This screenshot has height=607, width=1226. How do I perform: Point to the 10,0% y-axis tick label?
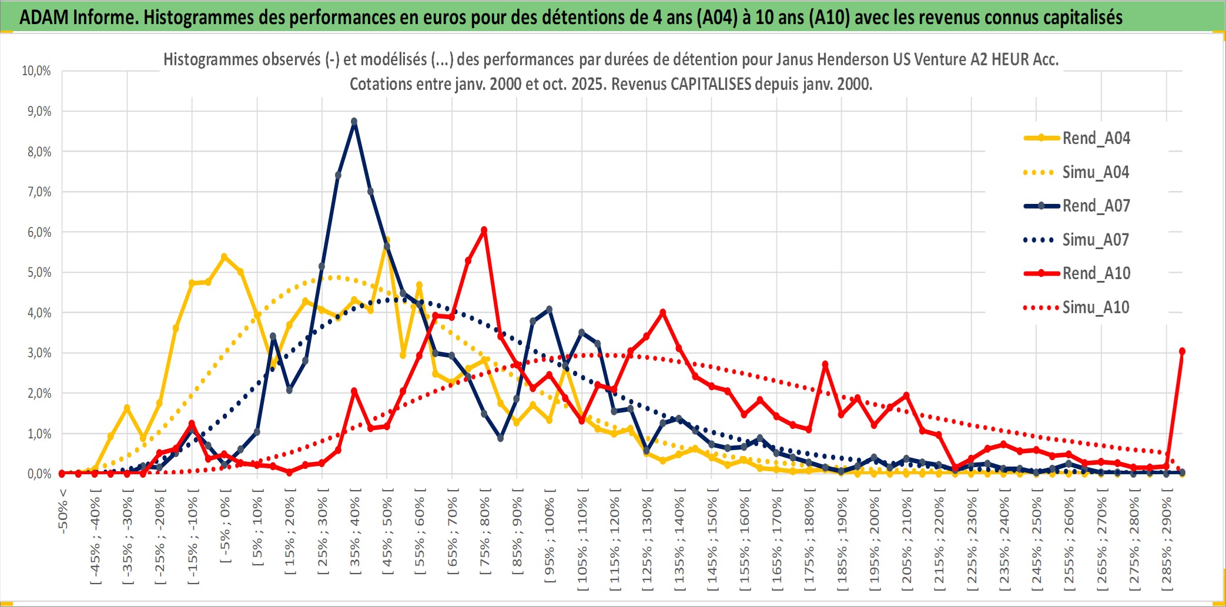pyautogui.click(x=36, y=71)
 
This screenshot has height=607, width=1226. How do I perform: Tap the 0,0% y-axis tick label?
pyautogui.click(x=39, y=474)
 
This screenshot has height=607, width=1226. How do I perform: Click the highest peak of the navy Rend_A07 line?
pyautogui.click(x=354, y=122)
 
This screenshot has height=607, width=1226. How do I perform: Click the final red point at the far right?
pyautogui.click(x=1182, y=351)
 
